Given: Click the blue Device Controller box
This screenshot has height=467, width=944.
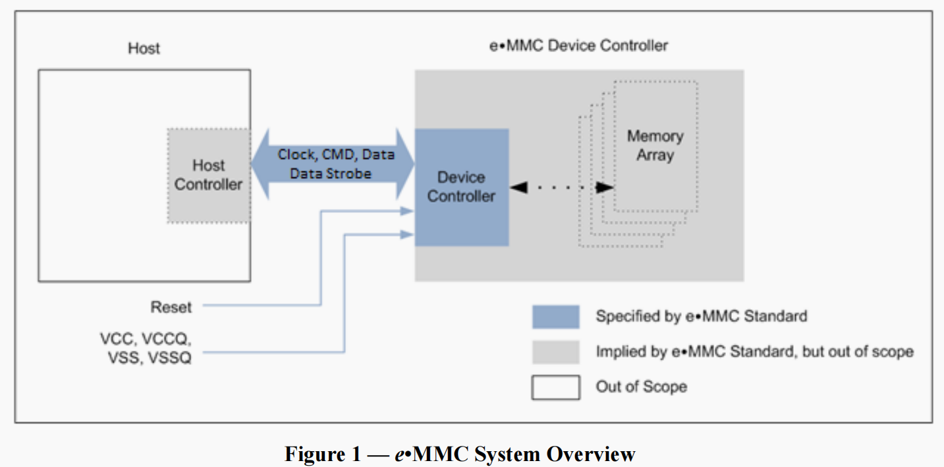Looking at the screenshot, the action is (462, 187).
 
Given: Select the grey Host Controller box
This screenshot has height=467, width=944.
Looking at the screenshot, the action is (209, 175).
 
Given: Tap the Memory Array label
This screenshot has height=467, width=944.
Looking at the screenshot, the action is (655, 146).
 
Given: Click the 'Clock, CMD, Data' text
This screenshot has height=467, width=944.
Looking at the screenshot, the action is (336, 154).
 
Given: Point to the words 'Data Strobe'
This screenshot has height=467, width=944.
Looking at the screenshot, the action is (331, 173).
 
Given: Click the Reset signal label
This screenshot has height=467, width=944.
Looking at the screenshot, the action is (171, 307).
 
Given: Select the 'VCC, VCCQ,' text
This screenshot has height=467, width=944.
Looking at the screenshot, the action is (146, 339).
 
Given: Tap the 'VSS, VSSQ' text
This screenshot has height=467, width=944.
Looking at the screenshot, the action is (150, 358).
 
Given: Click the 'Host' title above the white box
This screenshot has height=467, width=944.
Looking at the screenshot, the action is (144, 49).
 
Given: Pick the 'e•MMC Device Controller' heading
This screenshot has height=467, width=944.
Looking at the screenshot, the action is (578, 46).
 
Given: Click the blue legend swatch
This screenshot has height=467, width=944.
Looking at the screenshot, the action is (556, 317).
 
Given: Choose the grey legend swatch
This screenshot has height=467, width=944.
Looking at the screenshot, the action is (556, 352).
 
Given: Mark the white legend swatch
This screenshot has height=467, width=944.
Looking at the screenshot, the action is (556, 387).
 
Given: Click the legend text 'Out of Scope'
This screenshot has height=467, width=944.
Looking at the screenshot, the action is (642, 387).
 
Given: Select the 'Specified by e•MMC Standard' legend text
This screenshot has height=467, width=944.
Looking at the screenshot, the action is (702, 316).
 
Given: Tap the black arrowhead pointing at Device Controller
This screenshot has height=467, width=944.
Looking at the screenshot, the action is (519, 187).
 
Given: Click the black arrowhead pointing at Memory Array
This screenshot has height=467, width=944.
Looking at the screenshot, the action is (605, 187).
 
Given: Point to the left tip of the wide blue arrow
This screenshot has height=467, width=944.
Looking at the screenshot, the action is (252, 164).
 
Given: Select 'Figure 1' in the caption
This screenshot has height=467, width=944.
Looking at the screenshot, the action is (323, 454).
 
